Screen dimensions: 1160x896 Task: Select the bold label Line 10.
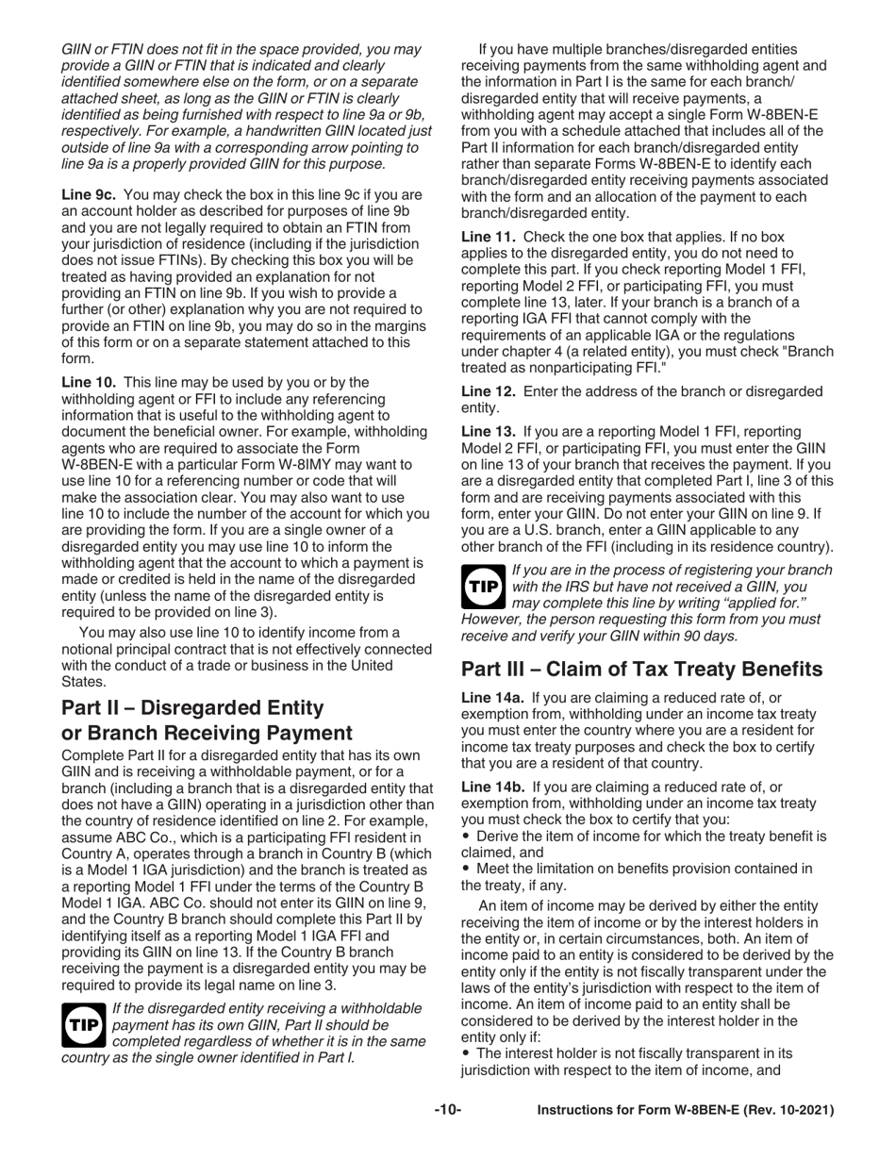pyautogui.click(x=89, y=381)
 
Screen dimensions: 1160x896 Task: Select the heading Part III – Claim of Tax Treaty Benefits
pyautogui.click(x=641, y=669)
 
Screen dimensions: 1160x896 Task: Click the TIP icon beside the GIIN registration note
pyautogui.click(x=483, y=586)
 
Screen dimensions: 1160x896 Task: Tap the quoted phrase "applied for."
pyautogui.click(x=772, y=602)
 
